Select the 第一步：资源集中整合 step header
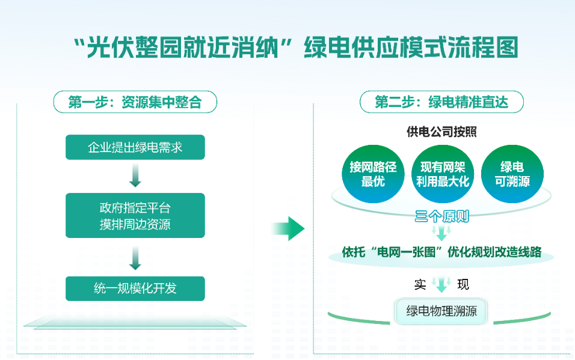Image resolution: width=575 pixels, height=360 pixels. point(135,102)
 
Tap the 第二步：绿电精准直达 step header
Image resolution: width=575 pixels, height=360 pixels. point(441,102)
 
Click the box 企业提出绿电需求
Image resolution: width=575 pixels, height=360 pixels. point(135,147)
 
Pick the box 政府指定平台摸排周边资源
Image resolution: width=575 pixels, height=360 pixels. point(135,216)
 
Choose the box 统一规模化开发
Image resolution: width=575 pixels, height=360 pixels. point(135,288)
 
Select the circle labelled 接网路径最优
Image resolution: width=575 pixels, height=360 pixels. point(372,174)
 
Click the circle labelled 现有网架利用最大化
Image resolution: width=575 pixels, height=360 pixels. point(443,174)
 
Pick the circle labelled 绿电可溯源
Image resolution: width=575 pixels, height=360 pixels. point(512,174)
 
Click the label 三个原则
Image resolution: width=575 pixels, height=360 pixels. point(442,216)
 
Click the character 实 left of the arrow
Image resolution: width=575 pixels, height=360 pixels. point(420,284)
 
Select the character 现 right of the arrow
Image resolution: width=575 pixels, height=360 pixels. point(463,284)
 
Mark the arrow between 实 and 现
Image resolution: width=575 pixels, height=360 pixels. point(442,284)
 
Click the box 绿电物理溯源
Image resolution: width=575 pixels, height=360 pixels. point(441,311)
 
